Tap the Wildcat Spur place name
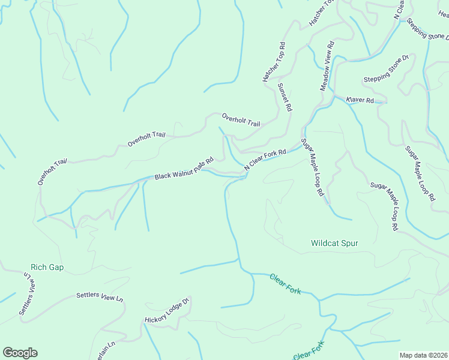point(334,243)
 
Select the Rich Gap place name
point(47,267)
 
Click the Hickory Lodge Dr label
point(167,310)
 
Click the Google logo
point(20,353)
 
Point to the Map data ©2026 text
point(423,355)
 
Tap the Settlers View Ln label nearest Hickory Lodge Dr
point(100,296)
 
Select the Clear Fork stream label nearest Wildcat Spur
point(285,283)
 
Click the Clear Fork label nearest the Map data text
point(309,351)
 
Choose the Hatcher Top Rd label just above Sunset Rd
point(273,62)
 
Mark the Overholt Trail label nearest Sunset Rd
point(241,120)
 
